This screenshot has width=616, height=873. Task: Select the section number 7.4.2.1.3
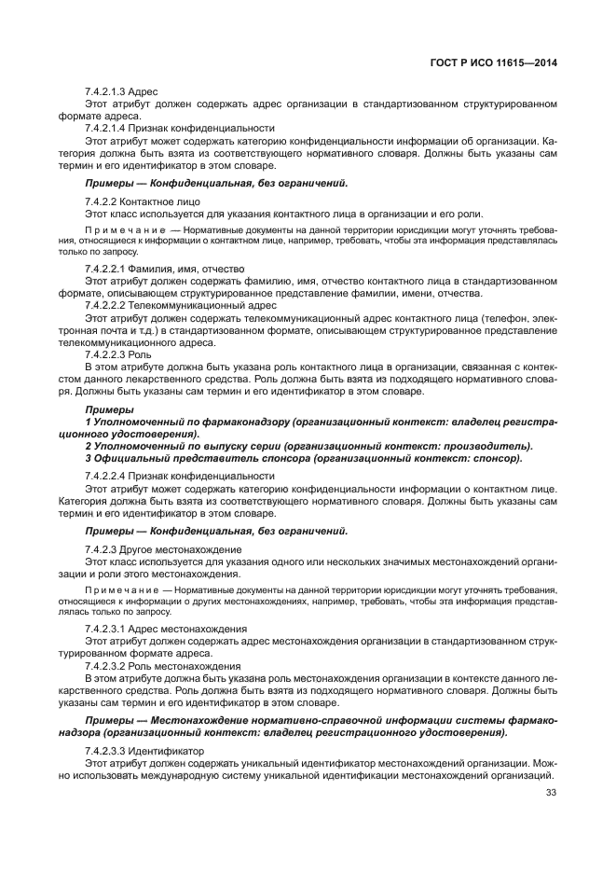(x=109, y=91)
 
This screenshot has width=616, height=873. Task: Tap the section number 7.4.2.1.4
(x=109, y=128)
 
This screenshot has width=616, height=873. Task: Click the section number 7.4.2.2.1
(x=109, y=269)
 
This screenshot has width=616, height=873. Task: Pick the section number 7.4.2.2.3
(x=109, y=353)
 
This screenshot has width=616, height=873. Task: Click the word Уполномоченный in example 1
(x=134, y=422)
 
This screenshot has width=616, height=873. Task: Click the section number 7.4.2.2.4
(x=109, y=476)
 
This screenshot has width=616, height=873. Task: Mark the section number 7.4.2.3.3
(x=109, y=751)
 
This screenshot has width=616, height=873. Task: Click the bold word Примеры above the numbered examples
(x=108, y=409)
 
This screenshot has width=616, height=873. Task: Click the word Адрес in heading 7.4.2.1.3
(x=147, y=91)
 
